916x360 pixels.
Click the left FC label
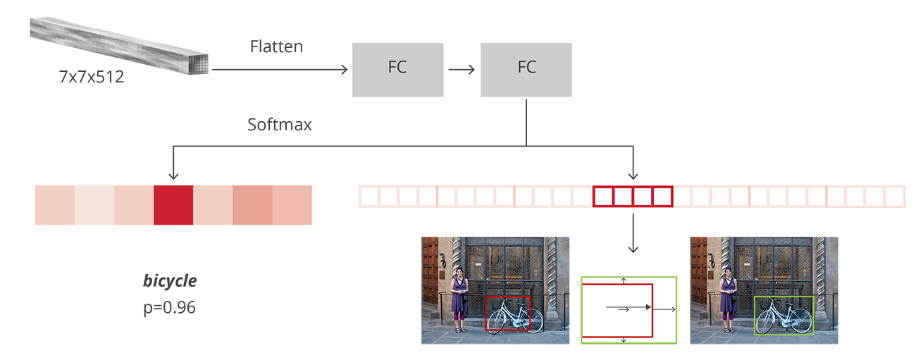tap(397, 68)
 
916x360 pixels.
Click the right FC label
tap(526, 68)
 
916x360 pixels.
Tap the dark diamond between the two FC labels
tap(463, 69)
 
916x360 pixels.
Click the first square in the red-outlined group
tap(604, 197)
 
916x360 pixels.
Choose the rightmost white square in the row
tap(893, 197)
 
